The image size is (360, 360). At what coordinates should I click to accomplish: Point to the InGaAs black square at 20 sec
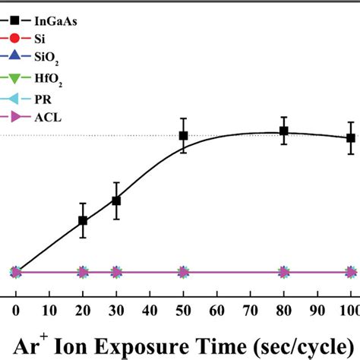[83, 221]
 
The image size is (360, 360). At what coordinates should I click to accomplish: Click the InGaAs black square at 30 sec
[116, 201]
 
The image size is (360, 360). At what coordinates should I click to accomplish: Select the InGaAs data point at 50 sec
[183, 136]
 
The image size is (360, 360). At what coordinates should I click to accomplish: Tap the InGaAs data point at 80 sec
[283, 131]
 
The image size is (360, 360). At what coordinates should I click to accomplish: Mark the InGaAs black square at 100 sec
[350, 138]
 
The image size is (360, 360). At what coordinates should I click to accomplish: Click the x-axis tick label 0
[16, 309]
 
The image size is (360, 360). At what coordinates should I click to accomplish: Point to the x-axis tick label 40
[150, 309]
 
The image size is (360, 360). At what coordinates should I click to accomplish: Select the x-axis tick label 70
[250, 309]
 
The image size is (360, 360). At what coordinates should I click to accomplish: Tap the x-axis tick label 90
[317, 309]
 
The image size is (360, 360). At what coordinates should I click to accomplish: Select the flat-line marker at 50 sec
[183, 272]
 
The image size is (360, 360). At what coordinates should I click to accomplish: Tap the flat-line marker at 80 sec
[283, 272]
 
